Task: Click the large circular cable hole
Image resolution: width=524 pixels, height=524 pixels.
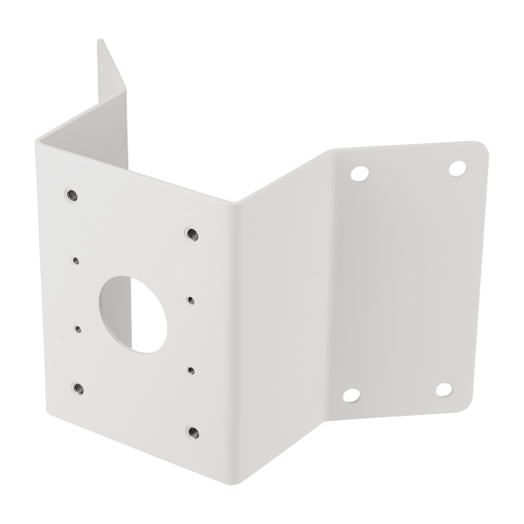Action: [128, 309]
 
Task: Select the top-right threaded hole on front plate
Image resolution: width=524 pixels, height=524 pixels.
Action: [190, 233]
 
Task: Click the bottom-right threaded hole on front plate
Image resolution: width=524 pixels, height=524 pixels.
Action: [192, 430]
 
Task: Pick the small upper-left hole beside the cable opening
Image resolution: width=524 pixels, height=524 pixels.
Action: [77, 259]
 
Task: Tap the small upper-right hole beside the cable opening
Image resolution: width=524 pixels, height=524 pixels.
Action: [190, 298]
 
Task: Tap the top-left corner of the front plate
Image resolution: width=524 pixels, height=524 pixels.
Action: [38, 140]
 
